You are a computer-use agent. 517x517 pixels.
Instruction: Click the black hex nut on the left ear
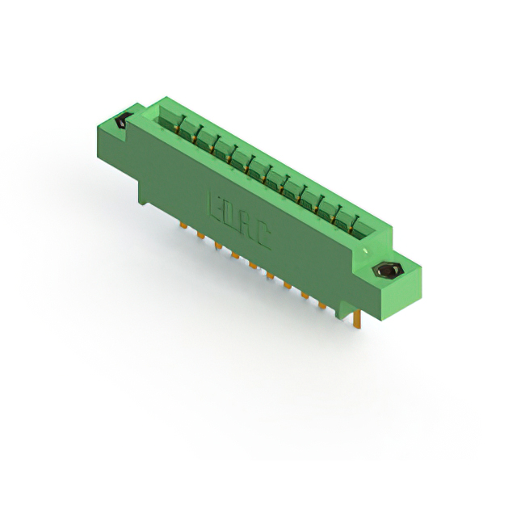click(x=122, y=122)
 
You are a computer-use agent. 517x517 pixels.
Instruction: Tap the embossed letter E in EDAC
click(x=217, y=205)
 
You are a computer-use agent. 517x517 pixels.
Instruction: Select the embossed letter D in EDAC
click(x=233, y=215)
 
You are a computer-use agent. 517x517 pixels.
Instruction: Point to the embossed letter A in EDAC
click(x=248, y=225)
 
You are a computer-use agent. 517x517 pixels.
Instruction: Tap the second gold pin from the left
click(x=199, y=235)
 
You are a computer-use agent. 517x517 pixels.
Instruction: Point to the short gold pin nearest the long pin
click(x=322, y=306)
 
